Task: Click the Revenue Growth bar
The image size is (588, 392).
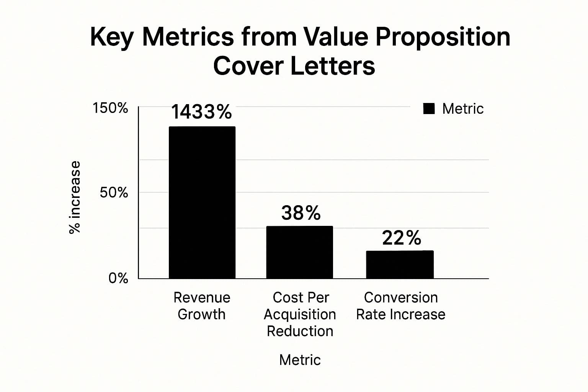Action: pyautogui.click(x=202, y=202)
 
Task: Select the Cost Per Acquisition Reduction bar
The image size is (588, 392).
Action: pyautogui.click(x=299, y=252)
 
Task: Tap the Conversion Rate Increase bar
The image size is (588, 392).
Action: pyautogui.click(x=400, y=265)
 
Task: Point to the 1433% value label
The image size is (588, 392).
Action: pyautogui.click(x=201, y=112)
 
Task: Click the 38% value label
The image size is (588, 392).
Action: pyautogui.click(x=301, y=213)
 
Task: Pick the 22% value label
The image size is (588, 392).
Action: pyautogui.click(x=402, y=238)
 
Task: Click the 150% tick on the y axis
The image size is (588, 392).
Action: pyautogui.click(x=110, y=108)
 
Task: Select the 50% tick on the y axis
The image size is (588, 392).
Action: pyautogui.click(x=114, y=193)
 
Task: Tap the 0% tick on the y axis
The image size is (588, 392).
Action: pyautogui.click(x=118, y=278)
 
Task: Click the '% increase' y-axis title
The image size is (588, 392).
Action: pyautogui.click(x=75, y=197)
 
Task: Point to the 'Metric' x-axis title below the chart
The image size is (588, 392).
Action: pyautogui.click(x=300, y=360)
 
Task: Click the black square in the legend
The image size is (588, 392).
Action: pyautogui.click(x=429, y=109)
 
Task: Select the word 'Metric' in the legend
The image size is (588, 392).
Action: pyautogui.click(x=463, y=109)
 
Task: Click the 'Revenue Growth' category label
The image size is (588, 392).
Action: pyautogui.click(x=202, y=305)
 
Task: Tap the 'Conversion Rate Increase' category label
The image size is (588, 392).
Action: pyautogui.click(x=400, y=305)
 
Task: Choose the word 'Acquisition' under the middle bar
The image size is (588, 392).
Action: pyautogui.click(x=300, y=314)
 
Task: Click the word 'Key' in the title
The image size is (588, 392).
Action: pyautogui.click(x=112, y=37)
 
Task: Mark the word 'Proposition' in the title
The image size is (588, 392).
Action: pyautogui.click(x=443, y=37)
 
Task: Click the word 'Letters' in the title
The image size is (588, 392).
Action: pyautogui.click(x=332, y=66)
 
